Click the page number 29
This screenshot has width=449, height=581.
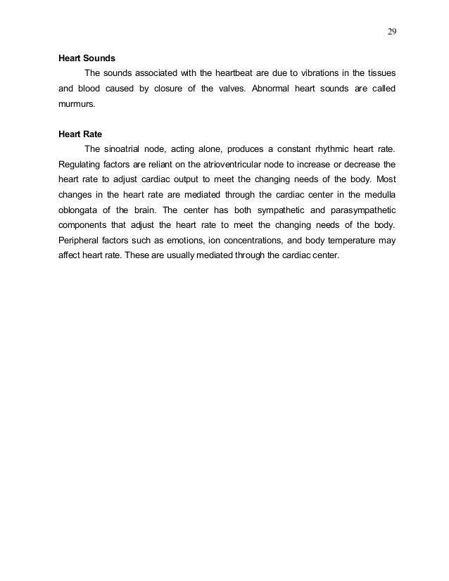tap(391, 31)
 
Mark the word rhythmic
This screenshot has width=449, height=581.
tap(327, 148)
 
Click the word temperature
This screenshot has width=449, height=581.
tap(350, 240)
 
